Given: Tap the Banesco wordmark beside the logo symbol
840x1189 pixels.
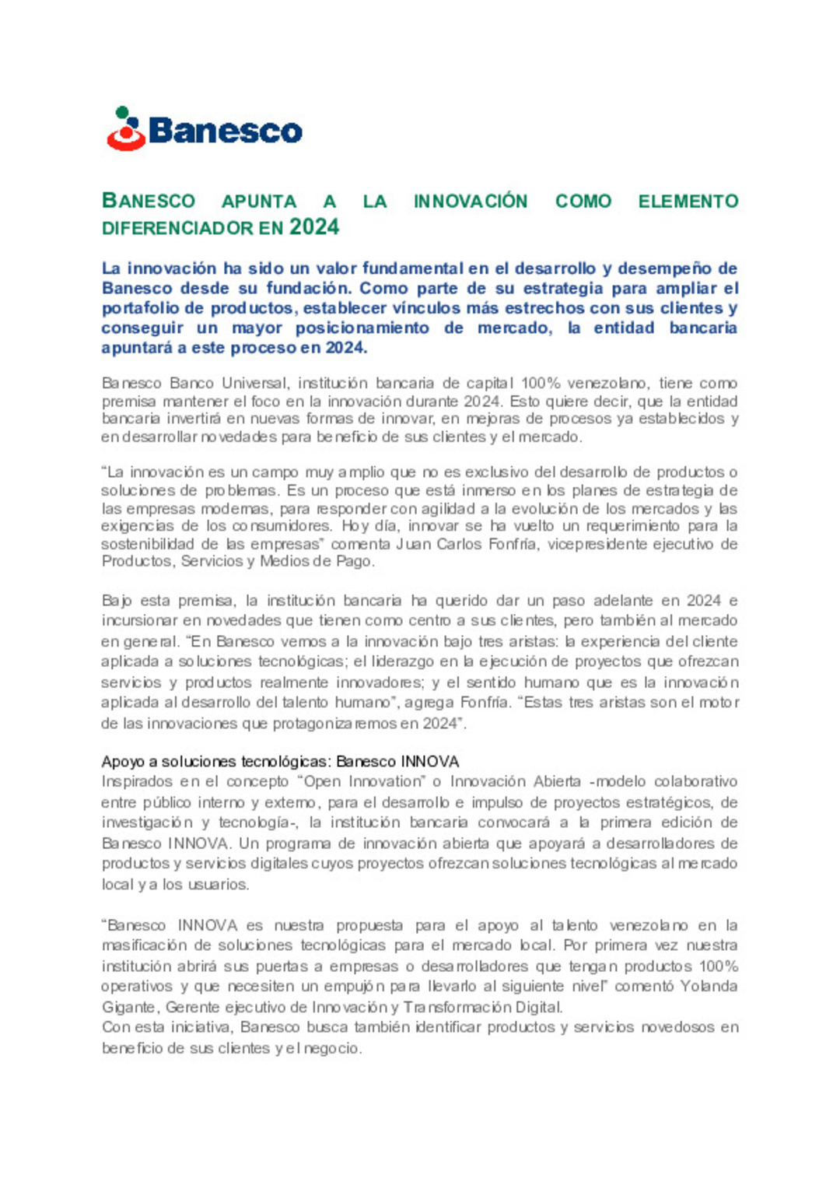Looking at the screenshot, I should tap(226, 131).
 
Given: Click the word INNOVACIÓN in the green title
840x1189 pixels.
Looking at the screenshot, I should tap(471, 201).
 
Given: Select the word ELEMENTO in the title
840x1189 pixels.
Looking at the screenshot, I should tap(688, 201).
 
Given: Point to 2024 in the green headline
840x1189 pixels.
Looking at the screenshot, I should tap(314, 227).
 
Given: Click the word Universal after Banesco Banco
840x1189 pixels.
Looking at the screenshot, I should tap(254, 383).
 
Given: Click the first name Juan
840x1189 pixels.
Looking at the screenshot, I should tap(412, 544).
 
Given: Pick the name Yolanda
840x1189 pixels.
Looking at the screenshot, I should tap(709, 986).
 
